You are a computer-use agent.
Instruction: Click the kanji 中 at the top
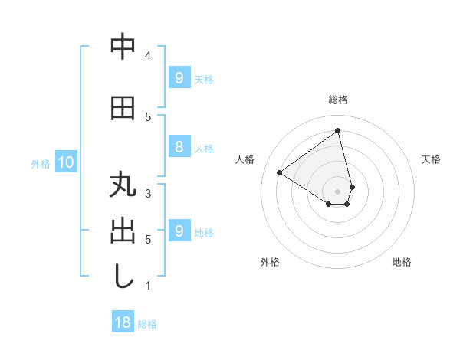pyautogui.click(x=123, y=47)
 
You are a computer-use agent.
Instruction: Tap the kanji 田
pyautogui.click(x=123, y=109)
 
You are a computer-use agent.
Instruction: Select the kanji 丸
pyautogui.click(x=123, y=186)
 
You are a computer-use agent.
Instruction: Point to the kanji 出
pyautogui.click(x=123, y=231)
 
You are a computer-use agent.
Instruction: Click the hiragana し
pyautogui.click(x=123, y=277)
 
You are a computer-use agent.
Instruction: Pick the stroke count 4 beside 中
pyautogui.click(x=148, y=55)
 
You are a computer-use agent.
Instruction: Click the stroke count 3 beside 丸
pyautogui.click(x=148, y=194)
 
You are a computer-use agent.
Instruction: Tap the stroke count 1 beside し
pyautogui.click(x=148, y=286)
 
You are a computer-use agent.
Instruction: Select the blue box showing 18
pyautogui.click(x=123, y=322)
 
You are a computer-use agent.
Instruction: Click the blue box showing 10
pyautogui.click(x=65, y=162)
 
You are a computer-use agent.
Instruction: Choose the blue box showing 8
pyautogui.click(x=179, y=147)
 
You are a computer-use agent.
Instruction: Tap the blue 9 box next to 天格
pyautogui.click(x=179, y=77)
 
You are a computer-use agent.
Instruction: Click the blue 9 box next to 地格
pyautogui.click(x=179, y=231)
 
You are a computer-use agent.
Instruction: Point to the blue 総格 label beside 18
pyautogui.click(x=147, y=324)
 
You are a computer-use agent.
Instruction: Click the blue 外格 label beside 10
pyautogui.click(x=41, y=163)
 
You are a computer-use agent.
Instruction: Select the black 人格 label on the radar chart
pyautogui.click(x=245, y=159)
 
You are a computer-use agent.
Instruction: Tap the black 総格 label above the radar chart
pyautogui.click(x=338, y=100)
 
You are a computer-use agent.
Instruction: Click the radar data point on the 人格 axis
pyautogui.click(x=279, y=172)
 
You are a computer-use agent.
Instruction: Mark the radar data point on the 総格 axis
pyautogui.click(x=338, y=131)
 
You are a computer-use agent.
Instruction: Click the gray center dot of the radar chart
pyautogui.click(x=338, y=191)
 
